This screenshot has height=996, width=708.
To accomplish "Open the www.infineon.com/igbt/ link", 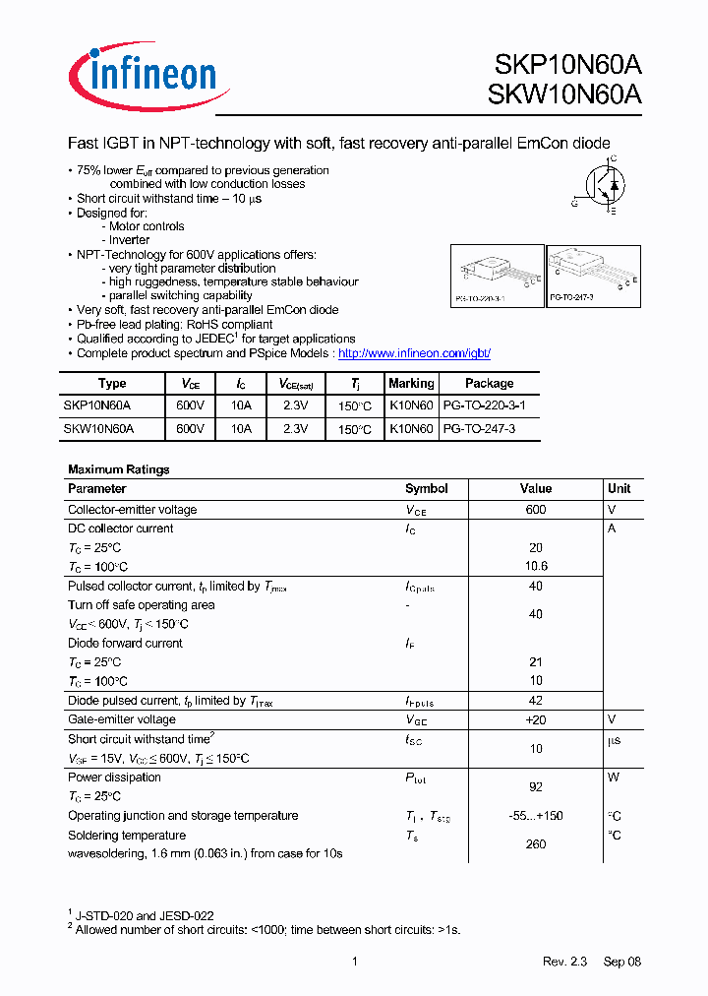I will (x=413, y=352).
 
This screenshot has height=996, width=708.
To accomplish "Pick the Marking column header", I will (x=411, y=383).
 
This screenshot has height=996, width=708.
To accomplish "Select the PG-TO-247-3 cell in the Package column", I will (x=479, y=429).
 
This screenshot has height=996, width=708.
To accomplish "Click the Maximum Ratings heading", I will (x=118, y=469).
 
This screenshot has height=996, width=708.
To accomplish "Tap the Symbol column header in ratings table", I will (x=426, y=488).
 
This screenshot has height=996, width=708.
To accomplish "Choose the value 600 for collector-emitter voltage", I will (x=536, y=510).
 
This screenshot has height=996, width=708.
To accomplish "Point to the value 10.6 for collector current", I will (x=536, y=567).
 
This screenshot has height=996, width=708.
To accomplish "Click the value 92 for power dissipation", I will (x=536, y=787).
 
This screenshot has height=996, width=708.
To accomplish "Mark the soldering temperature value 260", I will (x=536, y=844).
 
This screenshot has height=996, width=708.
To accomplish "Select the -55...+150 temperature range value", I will (x=536, y=816).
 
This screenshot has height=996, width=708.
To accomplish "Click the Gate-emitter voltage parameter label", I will (x=121, y=720).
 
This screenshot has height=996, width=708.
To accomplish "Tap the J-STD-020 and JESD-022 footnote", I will (x=145, y=915).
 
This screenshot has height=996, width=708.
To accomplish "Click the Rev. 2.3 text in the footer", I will (x=563, y=962).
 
